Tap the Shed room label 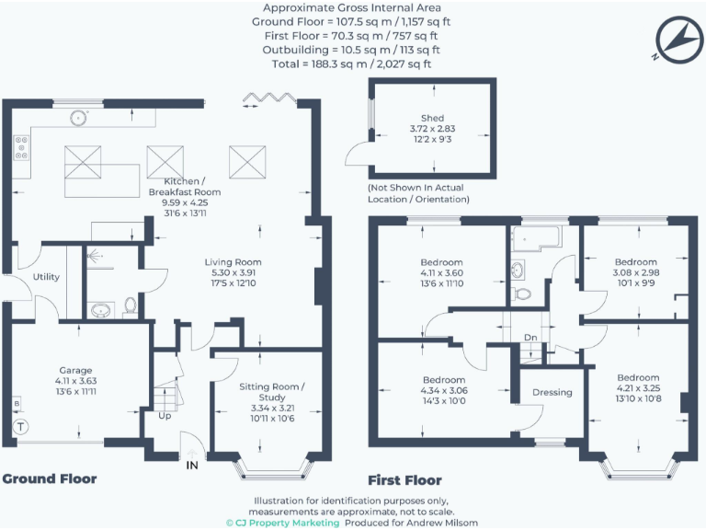(x=432, y=118)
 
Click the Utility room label (x=46, y=276)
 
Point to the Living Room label (x=233, y=262)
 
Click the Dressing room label (x=552, y=392)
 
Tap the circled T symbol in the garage (x=20, y=427)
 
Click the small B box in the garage (x=17, y=404)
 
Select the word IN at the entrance (x=192, y=466)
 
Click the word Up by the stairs (x=165, y=415)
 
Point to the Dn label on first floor (x=530, y=338)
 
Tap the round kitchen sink (x=80, y=117)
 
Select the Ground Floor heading (x=49, y=479)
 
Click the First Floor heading (x=404, y=480)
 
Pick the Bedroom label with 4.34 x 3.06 (x=445, y=380)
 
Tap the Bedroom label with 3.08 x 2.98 (x=636, y=262)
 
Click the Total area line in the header (x=353, y=64)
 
